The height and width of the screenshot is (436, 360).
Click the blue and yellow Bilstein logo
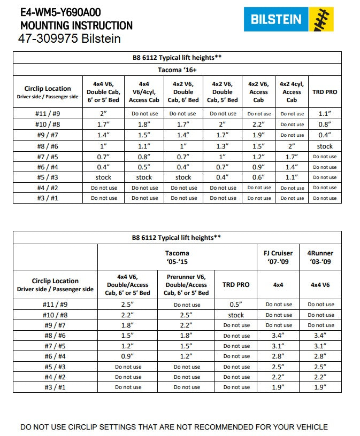pyautogui.click(x=289, y=20)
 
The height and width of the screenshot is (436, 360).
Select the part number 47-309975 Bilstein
pyautogui.click(x=69, y=39)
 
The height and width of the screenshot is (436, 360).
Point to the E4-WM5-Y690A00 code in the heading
pyautogui.click(x=60, y=12)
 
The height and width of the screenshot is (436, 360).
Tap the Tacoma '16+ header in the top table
pyautogui.click(x=177, y=69)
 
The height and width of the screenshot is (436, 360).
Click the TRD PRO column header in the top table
pyautogui.click(x=325, y=92)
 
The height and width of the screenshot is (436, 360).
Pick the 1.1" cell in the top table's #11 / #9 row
pyautogui.click(x=325, y=113)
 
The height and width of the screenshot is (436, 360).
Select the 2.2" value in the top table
pyautogui.click(x=259, y=124)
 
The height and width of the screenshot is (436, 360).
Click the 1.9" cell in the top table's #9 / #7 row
pyautogui.click(x=259, y=135)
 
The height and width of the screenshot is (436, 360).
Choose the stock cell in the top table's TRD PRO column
pyautogui.click(x=325, y=146)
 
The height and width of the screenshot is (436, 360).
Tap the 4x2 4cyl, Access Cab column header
pyautogui.click(x=292, y=92)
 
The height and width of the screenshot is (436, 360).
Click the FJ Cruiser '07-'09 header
pyautogui.click(x=278, y=258)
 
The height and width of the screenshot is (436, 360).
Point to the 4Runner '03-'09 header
pyautogui.click(x=320, y=258)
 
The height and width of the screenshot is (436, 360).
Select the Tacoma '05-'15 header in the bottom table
pyautogui.click(x=177, y=258)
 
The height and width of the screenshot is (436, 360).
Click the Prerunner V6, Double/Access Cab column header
pyautogui.click(x=187, y=285)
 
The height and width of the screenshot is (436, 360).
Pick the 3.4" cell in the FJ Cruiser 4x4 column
pyautogui.click(x=278, y=335)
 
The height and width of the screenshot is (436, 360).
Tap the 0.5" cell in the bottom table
pyautogui.click(x=236, y=305)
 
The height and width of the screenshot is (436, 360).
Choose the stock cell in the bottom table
pyautogui.click(x=236, y=315)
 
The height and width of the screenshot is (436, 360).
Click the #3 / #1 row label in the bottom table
pyautogui.click(x=55, y=387)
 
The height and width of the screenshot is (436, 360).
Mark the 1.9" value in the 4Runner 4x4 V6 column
pyautogui.click(x=320, y=387)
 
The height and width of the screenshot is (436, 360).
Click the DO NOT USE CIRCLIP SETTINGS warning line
pyautogui.click(x=174, y=427)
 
